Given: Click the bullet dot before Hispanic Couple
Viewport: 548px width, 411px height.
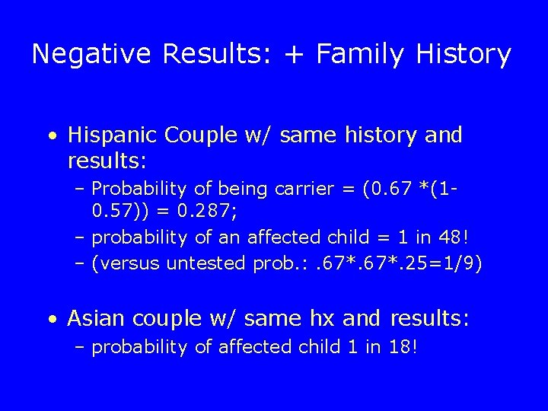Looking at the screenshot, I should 50,137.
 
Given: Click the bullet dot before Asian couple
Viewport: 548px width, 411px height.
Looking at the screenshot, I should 50,319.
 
